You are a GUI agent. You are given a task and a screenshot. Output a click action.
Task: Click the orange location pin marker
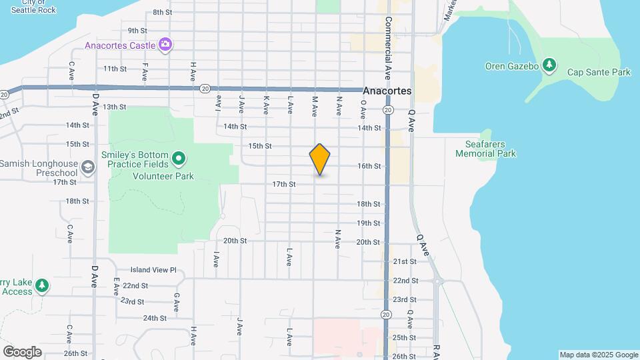tap(320, 159)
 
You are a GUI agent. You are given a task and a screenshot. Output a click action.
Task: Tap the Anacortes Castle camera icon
tap(165, 45)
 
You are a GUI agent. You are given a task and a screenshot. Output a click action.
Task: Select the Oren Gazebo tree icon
tap(549, 65)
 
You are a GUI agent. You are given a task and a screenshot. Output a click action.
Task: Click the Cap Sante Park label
tap(598, 72)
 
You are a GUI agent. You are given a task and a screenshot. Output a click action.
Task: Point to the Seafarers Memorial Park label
tap(485, 149)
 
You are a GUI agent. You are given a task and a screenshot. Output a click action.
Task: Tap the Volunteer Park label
tap(163, 177)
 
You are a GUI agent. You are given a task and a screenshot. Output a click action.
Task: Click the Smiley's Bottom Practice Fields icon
tap(178, 159)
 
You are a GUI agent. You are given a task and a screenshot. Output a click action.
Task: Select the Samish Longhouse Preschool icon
tap(87, 167)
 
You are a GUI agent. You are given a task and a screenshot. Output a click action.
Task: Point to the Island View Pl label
tap(153, 270)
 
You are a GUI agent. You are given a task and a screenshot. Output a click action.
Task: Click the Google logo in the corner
tap(21, 352)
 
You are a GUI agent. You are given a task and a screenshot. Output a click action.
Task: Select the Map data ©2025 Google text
tap(599, 355)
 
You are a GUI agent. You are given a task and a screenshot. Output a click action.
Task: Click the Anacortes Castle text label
tap(121, 46)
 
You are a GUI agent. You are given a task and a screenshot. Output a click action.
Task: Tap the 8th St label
tap(163, 13)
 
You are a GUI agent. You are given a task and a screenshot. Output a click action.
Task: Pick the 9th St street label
tap(137, 31)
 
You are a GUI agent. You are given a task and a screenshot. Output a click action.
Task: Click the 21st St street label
tap(405, 262)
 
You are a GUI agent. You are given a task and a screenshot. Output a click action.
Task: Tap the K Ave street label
tap(266, 104)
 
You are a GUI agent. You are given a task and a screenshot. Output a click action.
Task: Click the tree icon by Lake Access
tap(42, 285)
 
